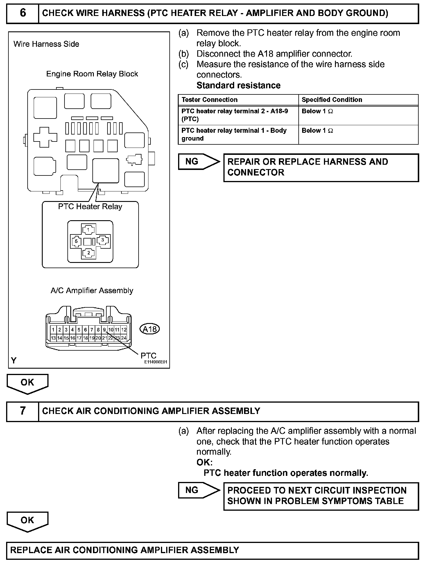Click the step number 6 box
coord(23,13)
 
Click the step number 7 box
coord(23,411)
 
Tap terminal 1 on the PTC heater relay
coord(88,230)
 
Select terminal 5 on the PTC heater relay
coord(76,241)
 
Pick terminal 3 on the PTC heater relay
coord(102,240)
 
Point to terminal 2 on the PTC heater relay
coord(89,253)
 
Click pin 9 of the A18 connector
coord(104,330)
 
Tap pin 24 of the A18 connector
coord(124,338)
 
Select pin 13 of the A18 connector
coord(53,338)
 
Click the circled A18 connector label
coord(150,329)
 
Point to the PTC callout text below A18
coord(148,355)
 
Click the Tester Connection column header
coord(209,100)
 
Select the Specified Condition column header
coord(332,100)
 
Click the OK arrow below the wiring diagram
coord(27,383)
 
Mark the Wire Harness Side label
coord(46,44)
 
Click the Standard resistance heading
coord(239,85)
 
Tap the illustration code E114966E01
coord(156,362)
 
